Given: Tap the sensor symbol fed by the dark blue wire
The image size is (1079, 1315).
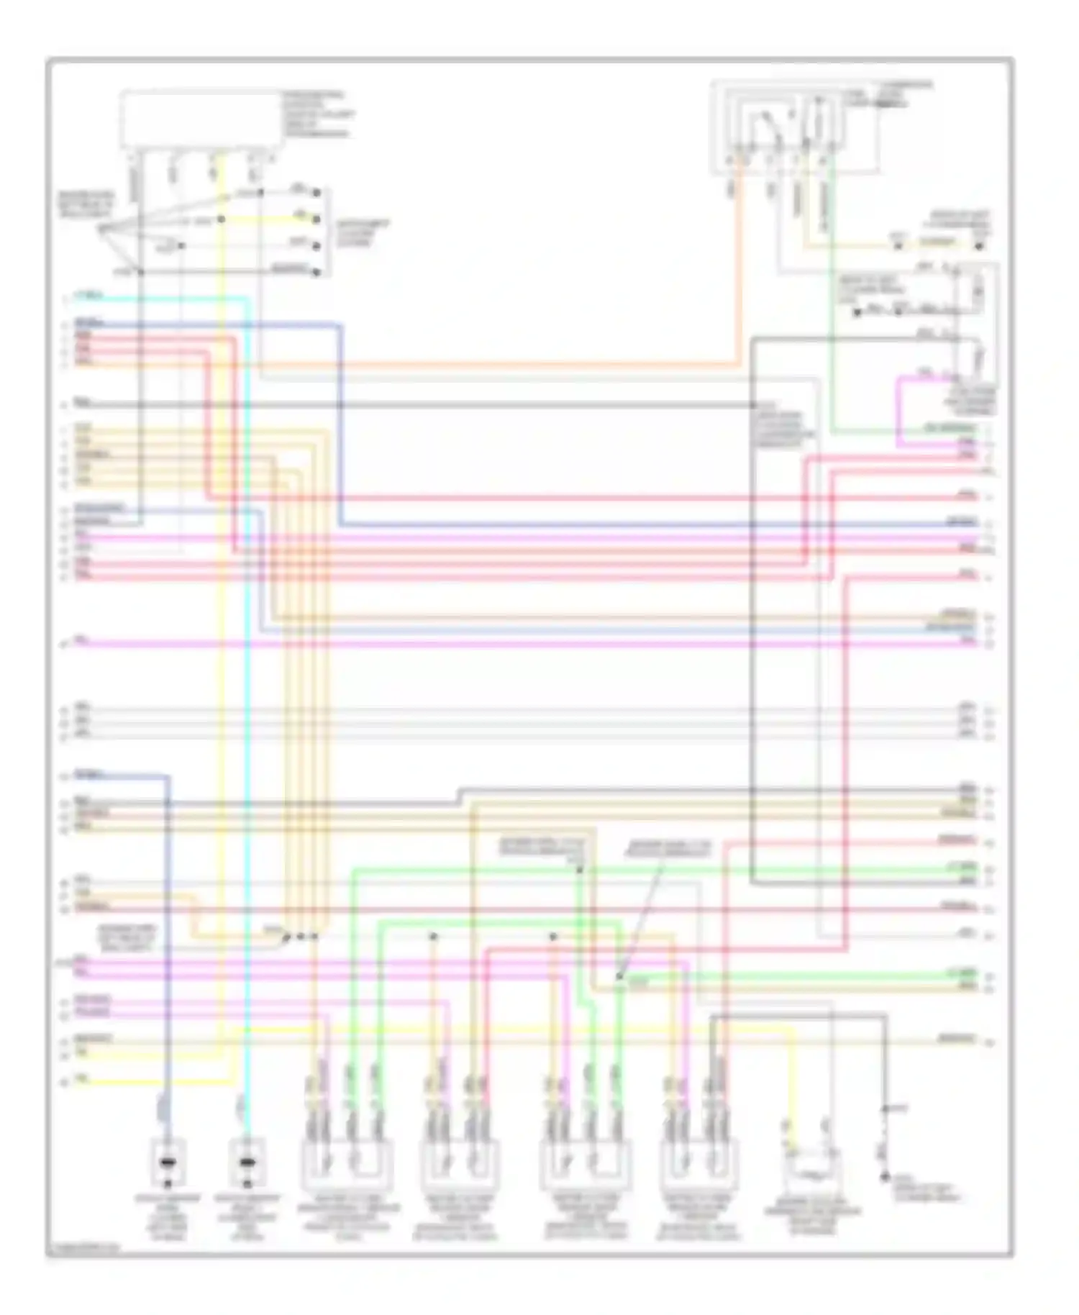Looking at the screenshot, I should pyautogui.click(x=168, y=1163).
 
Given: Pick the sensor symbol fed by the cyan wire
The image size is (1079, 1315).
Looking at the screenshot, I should pyautogui.click(x=247, y=1163).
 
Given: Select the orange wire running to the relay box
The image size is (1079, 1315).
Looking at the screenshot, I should pyautogui.click(x=504, y=365).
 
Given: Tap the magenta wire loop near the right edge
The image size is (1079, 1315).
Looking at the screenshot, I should pyautogui.click(x=899, y=410).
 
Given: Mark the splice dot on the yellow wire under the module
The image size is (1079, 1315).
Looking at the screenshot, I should pyautogui.click(x=222, y=219).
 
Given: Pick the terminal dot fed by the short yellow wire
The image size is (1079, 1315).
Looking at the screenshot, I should pyautogui.click(x=316, y=219).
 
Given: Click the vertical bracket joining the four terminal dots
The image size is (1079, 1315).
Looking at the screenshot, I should pyautogui.click(x=328, y=232).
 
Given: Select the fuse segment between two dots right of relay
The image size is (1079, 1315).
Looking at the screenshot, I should pyautogui.click(x=939, y=245).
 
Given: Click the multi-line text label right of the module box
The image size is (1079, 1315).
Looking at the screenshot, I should pyautogui.click(x=317, y=114).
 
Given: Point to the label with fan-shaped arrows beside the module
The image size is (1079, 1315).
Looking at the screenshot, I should pyautogui.click(x=85, y=205).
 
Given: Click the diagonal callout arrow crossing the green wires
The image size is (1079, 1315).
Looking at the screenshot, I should pyautogui.click(x=640, y=914).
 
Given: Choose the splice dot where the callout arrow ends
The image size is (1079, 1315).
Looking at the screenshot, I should pyautogui.click(x=619, y=977).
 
